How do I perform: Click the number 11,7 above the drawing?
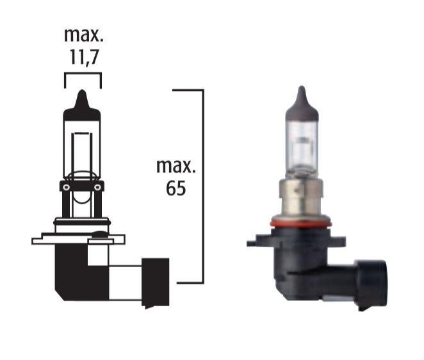83,57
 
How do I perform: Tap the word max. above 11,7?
83,35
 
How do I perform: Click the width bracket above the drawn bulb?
83,74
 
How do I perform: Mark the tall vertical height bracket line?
203,186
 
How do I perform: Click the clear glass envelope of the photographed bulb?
301,147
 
